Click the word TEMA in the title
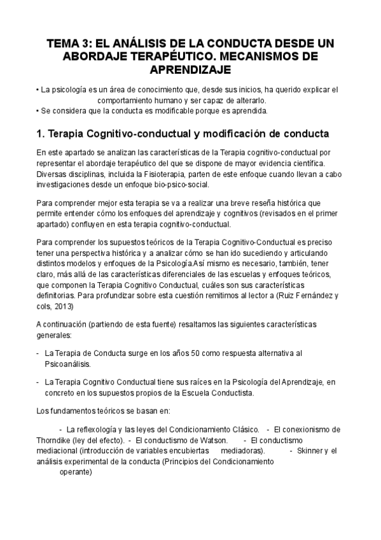[64, 44]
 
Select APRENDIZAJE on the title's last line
[190, 69]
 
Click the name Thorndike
[56, 439]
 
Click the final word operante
[76, 472]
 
